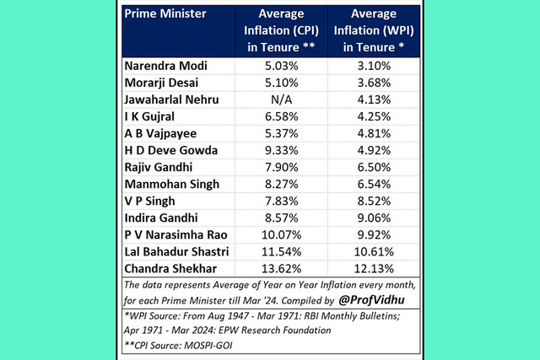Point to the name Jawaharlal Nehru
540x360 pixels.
point(172,99)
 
